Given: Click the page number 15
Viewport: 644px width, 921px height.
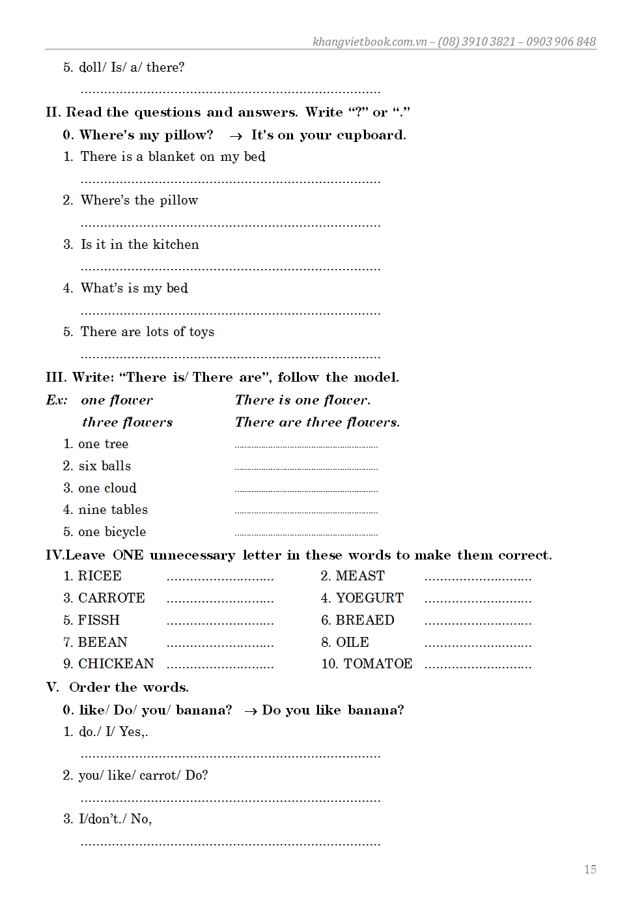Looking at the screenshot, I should click(590, 870).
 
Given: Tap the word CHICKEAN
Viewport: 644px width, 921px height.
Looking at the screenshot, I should click(116, 664).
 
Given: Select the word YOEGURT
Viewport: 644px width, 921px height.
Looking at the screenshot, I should click(370, 598).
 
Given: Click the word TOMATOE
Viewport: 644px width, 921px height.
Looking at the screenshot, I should click(378, 664).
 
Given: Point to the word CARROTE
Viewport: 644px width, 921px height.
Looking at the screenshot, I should click(111, 598).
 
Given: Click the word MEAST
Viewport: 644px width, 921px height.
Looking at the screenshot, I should click(360, 576).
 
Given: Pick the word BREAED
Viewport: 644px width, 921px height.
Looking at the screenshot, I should click(365, 620).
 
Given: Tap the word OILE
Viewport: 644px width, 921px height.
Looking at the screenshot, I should click(352, 642).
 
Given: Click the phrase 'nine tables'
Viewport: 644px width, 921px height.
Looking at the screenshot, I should click(113, 509).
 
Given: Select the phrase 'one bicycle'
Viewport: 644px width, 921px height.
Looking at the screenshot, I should click(112, 531).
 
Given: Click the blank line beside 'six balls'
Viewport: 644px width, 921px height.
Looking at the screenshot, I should click(306, 468).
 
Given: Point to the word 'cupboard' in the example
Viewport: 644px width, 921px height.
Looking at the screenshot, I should click(371, 135).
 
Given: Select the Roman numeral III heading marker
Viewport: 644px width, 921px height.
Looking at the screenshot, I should click(55, 377).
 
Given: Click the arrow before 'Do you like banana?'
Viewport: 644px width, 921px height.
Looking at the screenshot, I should click(250, 711).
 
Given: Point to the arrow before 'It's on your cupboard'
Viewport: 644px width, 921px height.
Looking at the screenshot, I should click(236, 136).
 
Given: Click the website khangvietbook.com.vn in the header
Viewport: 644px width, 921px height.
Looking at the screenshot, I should click(369, 42).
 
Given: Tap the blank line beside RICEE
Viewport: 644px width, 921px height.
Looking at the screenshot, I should click(220, 579).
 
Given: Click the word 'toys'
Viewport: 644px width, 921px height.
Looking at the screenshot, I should click(202, 332).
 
